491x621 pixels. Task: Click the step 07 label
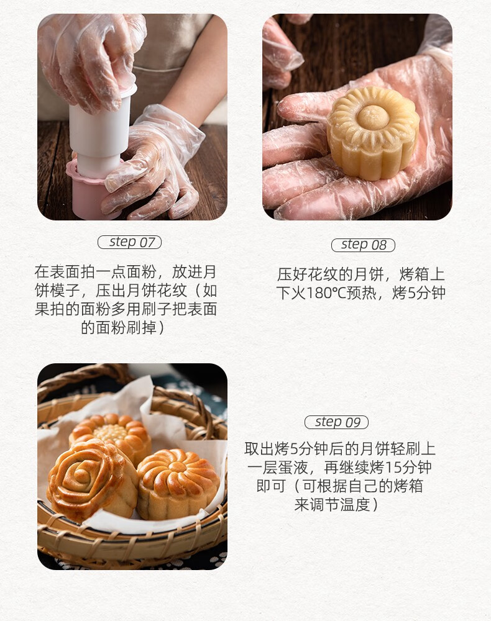[129, 242]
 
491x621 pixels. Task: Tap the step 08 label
[363, 245]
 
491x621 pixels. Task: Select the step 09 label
[336, 422]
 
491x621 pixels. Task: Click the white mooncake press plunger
[101, 130]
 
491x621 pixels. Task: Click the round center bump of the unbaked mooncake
[372, 116]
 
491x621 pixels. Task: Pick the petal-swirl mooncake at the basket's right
[178, 484]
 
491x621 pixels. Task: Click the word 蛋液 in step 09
[293, 468]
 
